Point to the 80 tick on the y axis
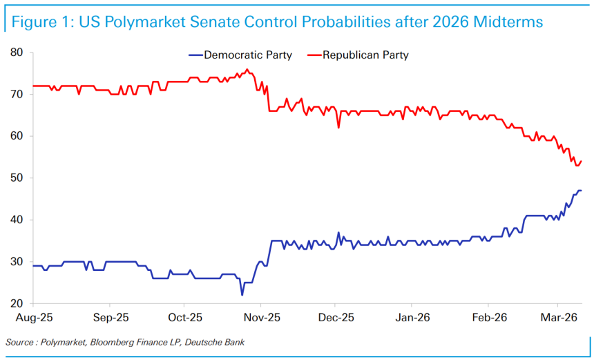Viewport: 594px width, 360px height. (x=17, y=53)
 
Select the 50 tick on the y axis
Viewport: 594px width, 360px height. (x=17, y=178)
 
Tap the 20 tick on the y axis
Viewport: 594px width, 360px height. (x=17, y=304)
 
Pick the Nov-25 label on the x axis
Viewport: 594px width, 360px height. (x=260, y=319)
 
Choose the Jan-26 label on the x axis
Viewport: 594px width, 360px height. (x=412, y=319)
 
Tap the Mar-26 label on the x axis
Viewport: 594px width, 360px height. (x=558, y=319)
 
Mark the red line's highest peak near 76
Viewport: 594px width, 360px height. (x=247, y=69)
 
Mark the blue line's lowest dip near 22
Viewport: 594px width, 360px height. (x=242, y=295)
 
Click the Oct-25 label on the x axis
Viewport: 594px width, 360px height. (x=184, y=319)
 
